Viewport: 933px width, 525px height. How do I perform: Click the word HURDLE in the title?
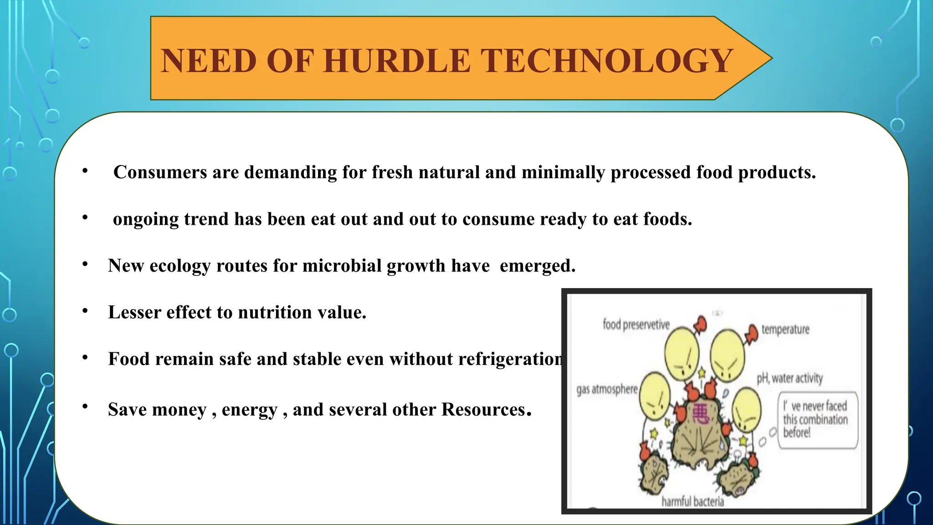(x=397, y=61)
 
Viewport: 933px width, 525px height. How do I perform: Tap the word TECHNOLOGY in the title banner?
(x=606, y=61)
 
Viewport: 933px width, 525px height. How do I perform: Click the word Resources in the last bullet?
(x=483, y=410)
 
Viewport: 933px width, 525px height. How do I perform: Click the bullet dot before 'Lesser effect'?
(x=85, y=311)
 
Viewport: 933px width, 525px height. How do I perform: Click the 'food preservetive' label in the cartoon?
(x=636, y=324)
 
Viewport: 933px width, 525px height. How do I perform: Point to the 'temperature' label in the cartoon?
(x=785, y=329)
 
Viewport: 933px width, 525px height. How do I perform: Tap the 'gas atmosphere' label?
(x=607, y=389)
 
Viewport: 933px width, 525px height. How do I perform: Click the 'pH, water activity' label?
(x=789, y=378)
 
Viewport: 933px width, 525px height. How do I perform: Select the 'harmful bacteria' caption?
(x=692, y=502)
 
